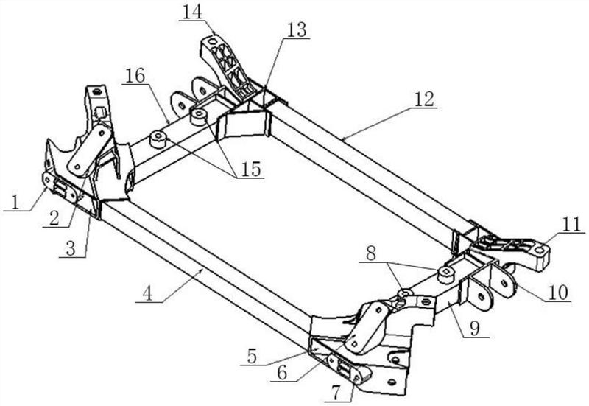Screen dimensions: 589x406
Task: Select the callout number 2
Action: [x=54, y=219]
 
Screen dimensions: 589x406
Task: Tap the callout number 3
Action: [x=71, y=249]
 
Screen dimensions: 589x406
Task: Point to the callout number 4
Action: [x=148, y=293]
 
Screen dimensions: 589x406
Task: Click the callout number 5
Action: [x=252, y=357]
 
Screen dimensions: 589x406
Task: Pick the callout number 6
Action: [x=282, y=373]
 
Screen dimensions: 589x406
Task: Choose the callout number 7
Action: [x=336, y=393]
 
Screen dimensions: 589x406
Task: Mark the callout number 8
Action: [x=371, y=254]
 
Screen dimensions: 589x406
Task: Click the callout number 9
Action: [x=475, y=329]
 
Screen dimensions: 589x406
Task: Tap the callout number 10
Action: [x=558, y=293]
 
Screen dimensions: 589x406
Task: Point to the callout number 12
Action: [x=425, y=99]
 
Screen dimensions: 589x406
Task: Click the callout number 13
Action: [x=297, y=30]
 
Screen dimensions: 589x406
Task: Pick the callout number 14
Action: [x=192, y=13]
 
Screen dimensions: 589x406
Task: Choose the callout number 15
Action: [x=251, y=169]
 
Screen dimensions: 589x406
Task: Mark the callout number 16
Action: [x=135, y=76]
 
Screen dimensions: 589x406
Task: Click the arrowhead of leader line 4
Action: [x=203, y=270]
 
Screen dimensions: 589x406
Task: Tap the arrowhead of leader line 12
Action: [x=343, y=139]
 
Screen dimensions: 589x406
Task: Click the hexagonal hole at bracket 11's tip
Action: [x=540, y=250]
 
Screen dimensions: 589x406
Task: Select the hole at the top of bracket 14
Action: [x=213, y=38]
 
